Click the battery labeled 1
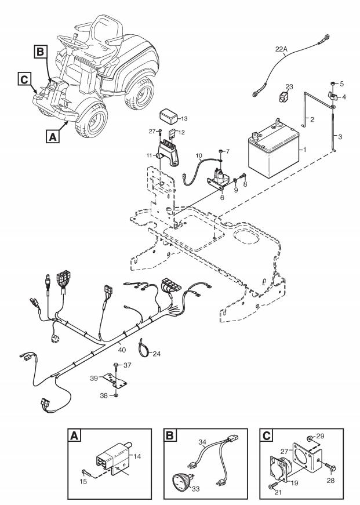(x=274, y=148)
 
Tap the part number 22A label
(x=281, y=49)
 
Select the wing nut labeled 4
(x=333, y=95)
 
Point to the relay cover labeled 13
(x=169, y=117)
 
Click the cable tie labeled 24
(x=144, y=348)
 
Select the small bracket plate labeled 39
(x=115, y=381)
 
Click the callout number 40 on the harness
(x=122, y=350)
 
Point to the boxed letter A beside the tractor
(x=53, y=136)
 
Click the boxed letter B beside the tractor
(x=41, y=52)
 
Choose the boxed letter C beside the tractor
(x=24, y=79)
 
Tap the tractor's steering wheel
(x=73, y=41)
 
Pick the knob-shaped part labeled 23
(x=283, y=96)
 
